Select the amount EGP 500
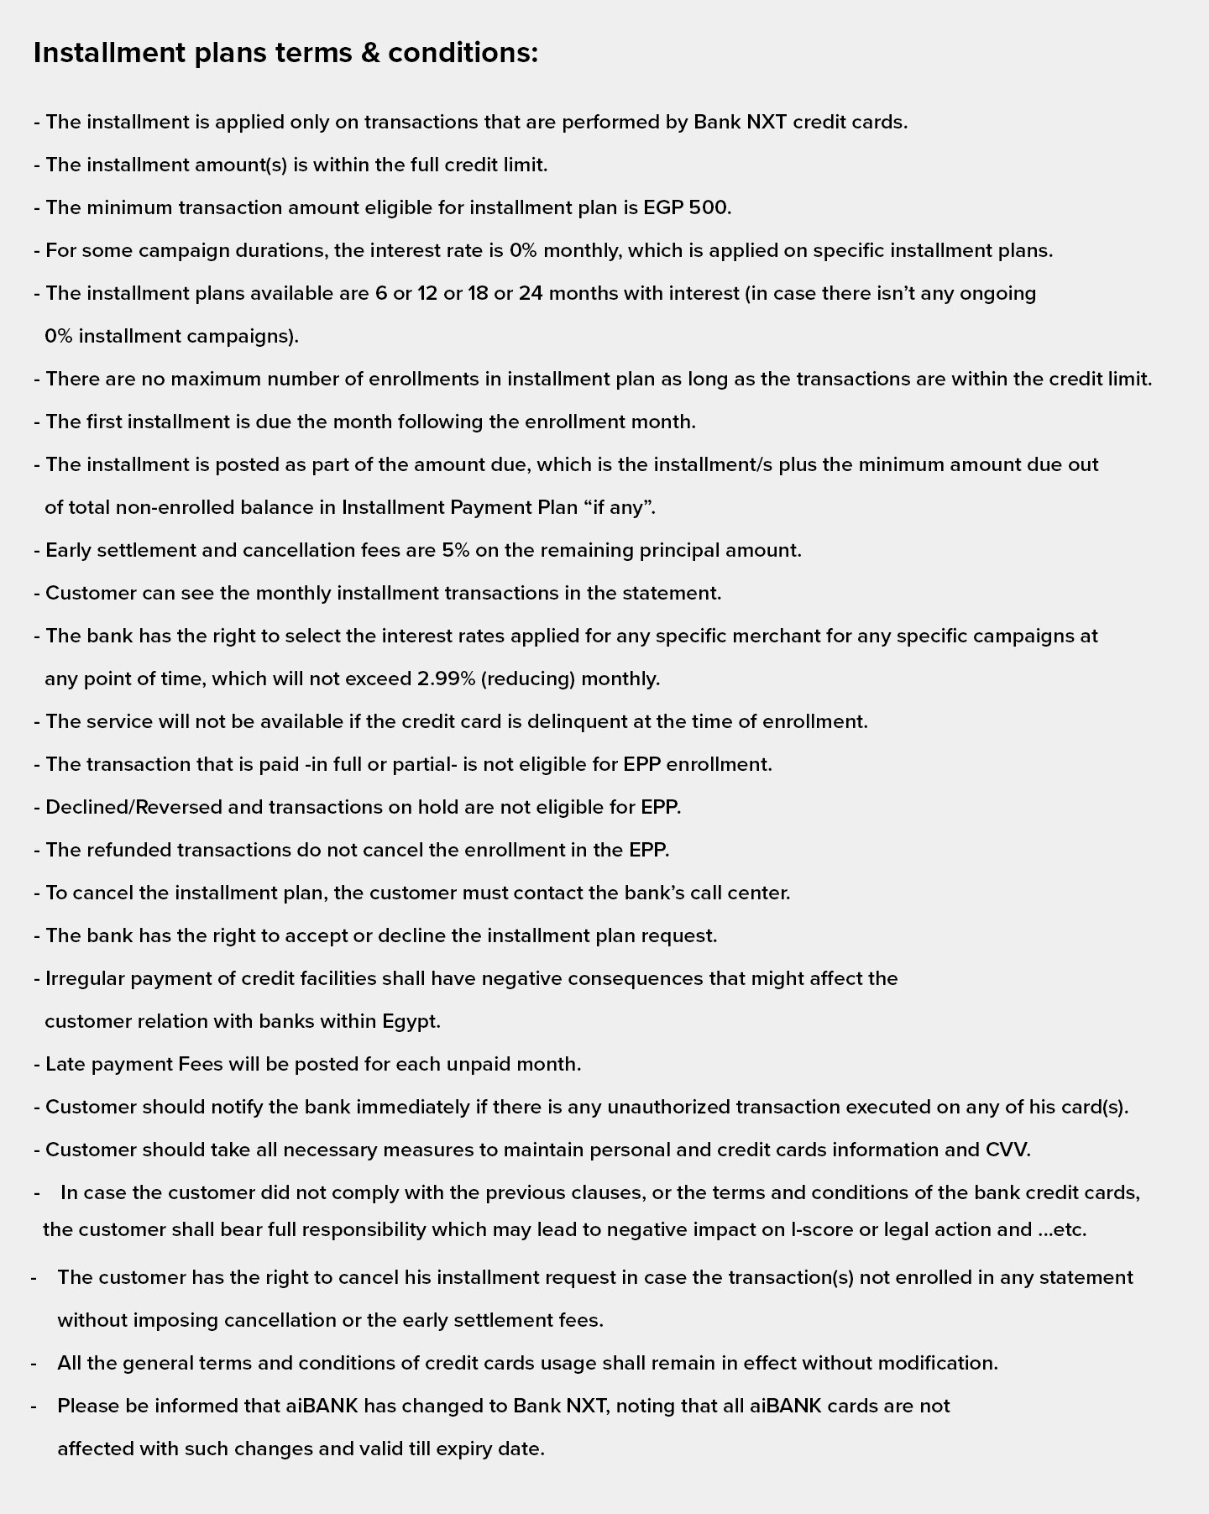click(x=686, y=207)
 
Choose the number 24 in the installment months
click(x=531, y=293)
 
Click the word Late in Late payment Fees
click(x=62, y=1064)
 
